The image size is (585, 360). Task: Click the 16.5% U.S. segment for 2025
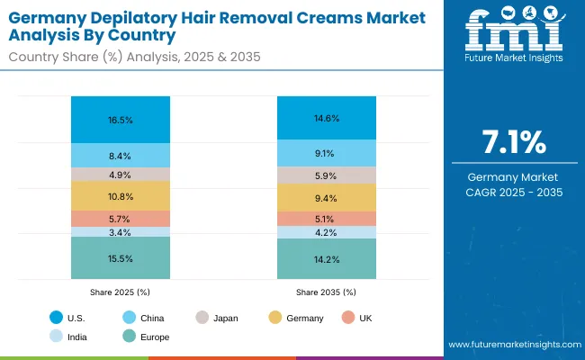pos(120,119)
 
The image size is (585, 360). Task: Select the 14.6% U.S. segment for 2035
pos(325,118)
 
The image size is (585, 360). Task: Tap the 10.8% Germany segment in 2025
pos(120,196)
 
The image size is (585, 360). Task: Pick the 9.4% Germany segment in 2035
pos(325,198)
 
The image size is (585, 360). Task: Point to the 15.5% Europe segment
pos(120,257)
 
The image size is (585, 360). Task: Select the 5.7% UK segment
pos(120,219)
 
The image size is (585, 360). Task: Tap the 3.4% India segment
pos(120,232)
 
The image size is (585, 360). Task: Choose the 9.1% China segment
pos(325,153)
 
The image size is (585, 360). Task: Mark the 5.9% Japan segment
pos(325,175)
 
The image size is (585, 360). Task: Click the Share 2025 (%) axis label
pos(120,292)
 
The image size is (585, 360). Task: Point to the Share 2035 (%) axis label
pos(325,292)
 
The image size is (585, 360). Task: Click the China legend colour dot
pos(128,318)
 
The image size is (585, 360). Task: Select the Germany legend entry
pos(301,318)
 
